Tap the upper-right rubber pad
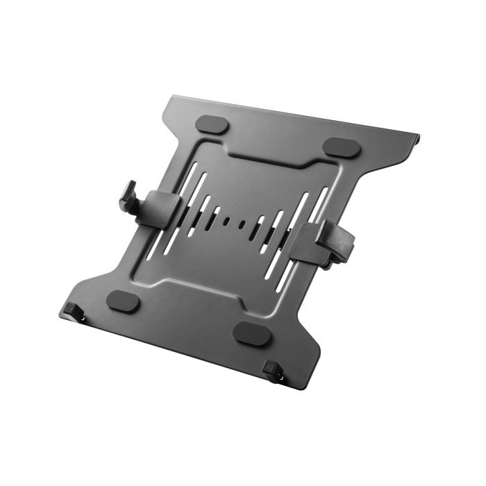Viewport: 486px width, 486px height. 342,146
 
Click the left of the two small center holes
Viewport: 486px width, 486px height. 227,221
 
